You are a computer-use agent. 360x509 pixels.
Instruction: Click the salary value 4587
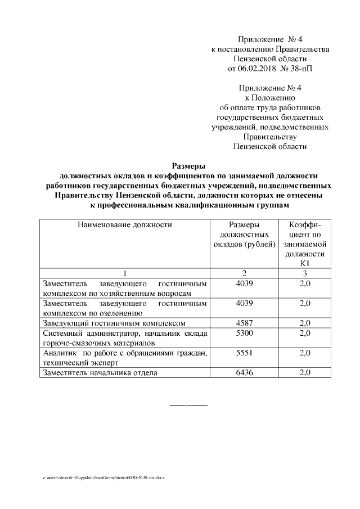(245, 323)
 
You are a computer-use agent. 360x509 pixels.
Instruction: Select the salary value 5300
(245, 334)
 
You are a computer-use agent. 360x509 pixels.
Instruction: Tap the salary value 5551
(245, 353)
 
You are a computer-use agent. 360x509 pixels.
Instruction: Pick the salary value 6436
(245, 372)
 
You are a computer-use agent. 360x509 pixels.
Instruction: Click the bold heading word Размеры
(188, 165)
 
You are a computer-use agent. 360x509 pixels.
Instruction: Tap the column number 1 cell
(124, 273)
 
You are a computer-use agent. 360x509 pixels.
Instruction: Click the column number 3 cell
(305, 273)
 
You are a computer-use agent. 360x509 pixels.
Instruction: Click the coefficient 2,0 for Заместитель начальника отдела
(305, 372)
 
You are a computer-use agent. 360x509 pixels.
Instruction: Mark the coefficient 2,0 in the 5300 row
(305, 334)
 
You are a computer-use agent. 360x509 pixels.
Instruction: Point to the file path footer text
(103, 477)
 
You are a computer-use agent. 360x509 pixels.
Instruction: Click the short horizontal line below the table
(188, 405)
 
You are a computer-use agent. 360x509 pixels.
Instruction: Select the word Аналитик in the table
(59, 353)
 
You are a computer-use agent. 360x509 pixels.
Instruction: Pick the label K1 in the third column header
(305, 263)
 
